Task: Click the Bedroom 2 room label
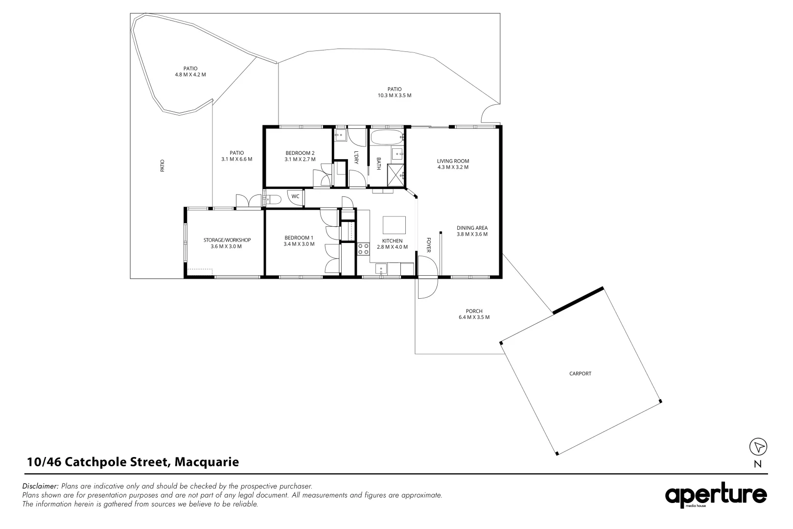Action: (300, 156)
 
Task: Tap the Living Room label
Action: (453, 164)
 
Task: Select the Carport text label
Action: (580, 374)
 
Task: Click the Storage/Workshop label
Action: (227, 243)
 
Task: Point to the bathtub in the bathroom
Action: (387, 137)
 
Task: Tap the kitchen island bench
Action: (394, 225)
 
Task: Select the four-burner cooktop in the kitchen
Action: (363, 249)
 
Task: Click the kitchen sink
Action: (381, 268)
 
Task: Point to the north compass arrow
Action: (758, 447)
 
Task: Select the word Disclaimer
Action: (41, 486)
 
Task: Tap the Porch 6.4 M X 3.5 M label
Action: (474, 314)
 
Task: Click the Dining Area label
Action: (472, 231)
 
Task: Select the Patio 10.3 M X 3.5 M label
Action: (394, 92)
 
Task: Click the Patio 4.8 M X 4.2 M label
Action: (190, 72)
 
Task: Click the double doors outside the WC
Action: (249, 201)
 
